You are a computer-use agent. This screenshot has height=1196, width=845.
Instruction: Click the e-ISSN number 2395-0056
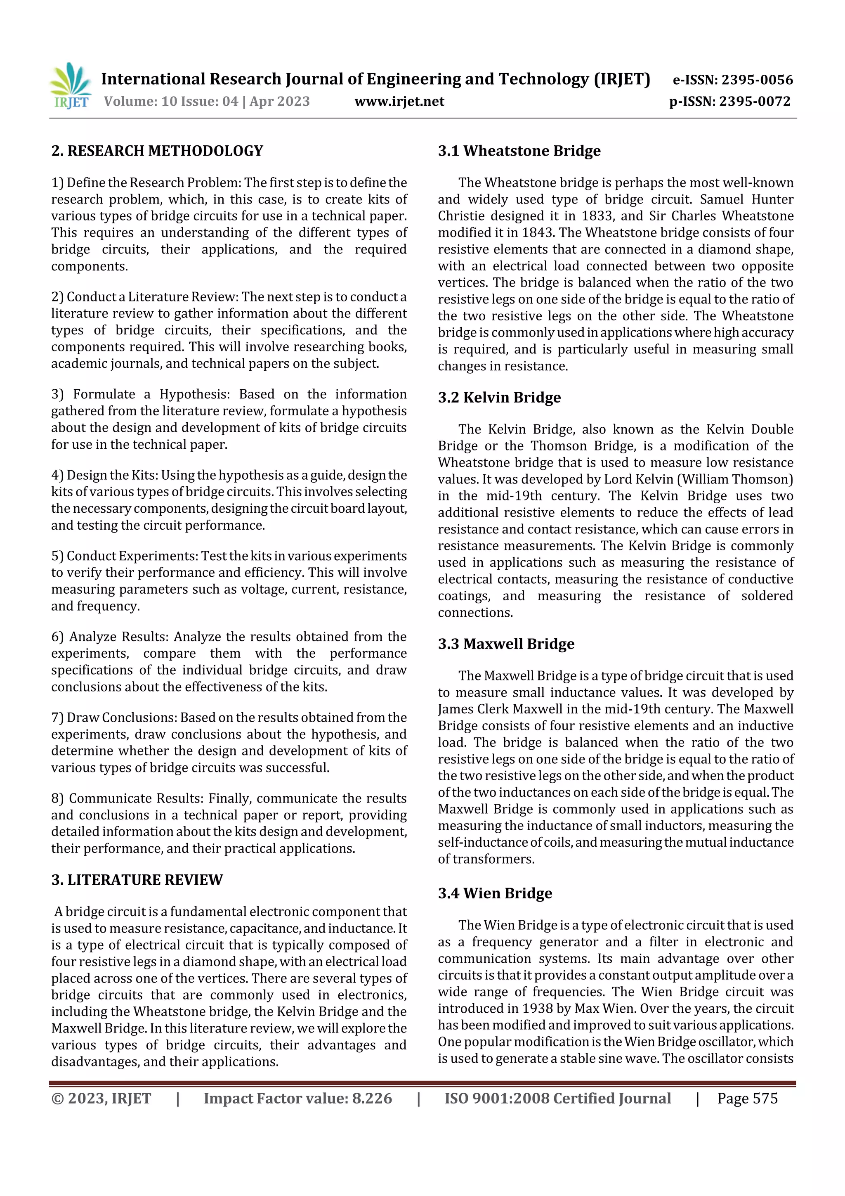(x=756, y=80)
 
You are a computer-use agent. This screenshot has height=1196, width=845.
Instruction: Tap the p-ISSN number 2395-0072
(x=754, y=101)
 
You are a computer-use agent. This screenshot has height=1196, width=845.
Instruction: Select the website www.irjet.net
(x=399, y=101)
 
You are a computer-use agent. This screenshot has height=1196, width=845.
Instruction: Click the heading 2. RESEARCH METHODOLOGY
(x=157, y=151)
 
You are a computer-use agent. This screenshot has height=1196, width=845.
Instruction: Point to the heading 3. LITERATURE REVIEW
(x=137, y=880)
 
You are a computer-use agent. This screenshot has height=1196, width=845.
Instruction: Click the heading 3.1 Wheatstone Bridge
(x=519, y=151)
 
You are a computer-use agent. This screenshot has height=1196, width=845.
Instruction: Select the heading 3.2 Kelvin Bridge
(x=499, y=398)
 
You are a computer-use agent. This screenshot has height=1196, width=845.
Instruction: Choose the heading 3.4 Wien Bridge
(x=495, y=893)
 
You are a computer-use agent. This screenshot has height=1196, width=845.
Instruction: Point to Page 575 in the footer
(x=747, y=1098)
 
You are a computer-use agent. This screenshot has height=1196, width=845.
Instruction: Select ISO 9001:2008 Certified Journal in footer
(x=557, y=1098)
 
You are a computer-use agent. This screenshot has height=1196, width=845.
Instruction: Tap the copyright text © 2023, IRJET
(x=101, y=1098)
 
